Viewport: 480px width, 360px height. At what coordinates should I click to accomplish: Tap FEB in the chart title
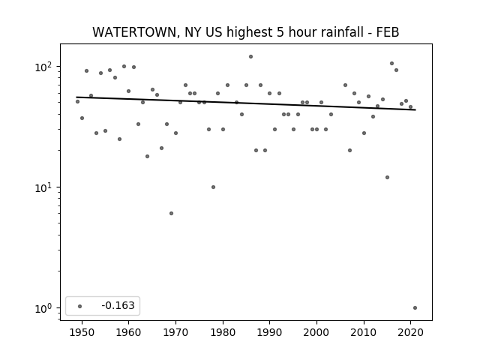pos(388,32)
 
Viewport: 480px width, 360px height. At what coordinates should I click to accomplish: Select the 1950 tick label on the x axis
pos(82,332)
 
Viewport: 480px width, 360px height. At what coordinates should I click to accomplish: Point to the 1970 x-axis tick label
pos(175,332)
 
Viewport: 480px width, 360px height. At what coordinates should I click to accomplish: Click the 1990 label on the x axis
pos(270,332)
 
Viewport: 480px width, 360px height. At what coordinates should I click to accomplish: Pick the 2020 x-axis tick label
pos(410,332)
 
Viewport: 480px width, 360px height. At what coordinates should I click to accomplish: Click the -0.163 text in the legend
pos(118,305)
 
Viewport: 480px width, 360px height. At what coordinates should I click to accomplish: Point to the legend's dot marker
pos(80,306)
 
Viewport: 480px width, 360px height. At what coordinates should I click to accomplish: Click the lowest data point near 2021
pos(415,308)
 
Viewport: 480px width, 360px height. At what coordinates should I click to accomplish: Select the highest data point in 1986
pos(250,57)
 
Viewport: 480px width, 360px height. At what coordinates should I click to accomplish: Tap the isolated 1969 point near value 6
pos(171,213)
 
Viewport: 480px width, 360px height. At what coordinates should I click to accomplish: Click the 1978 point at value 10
pos(213,187)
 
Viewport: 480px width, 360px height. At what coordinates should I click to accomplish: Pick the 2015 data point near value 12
pos(387,178)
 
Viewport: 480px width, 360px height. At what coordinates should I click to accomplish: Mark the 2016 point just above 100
pos(391,63)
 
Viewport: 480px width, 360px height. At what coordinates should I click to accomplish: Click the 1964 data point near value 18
pos(147,157)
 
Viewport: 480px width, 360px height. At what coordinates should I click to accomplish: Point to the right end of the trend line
pos(415,110)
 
